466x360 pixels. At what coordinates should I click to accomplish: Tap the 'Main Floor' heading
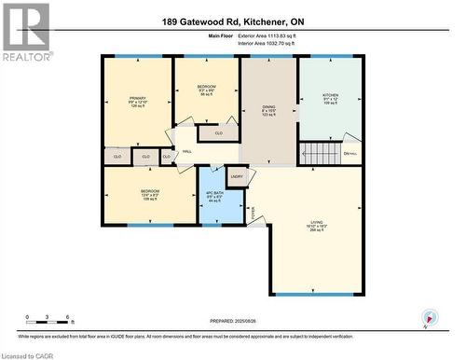[221, 35]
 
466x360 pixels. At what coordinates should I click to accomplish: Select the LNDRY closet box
[237, 176]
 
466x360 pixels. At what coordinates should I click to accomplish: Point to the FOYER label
[252, 213]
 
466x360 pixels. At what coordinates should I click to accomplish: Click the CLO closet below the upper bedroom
[218, 132]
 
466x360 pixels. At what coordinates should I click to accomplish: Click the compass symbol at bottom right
[428, 318]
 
